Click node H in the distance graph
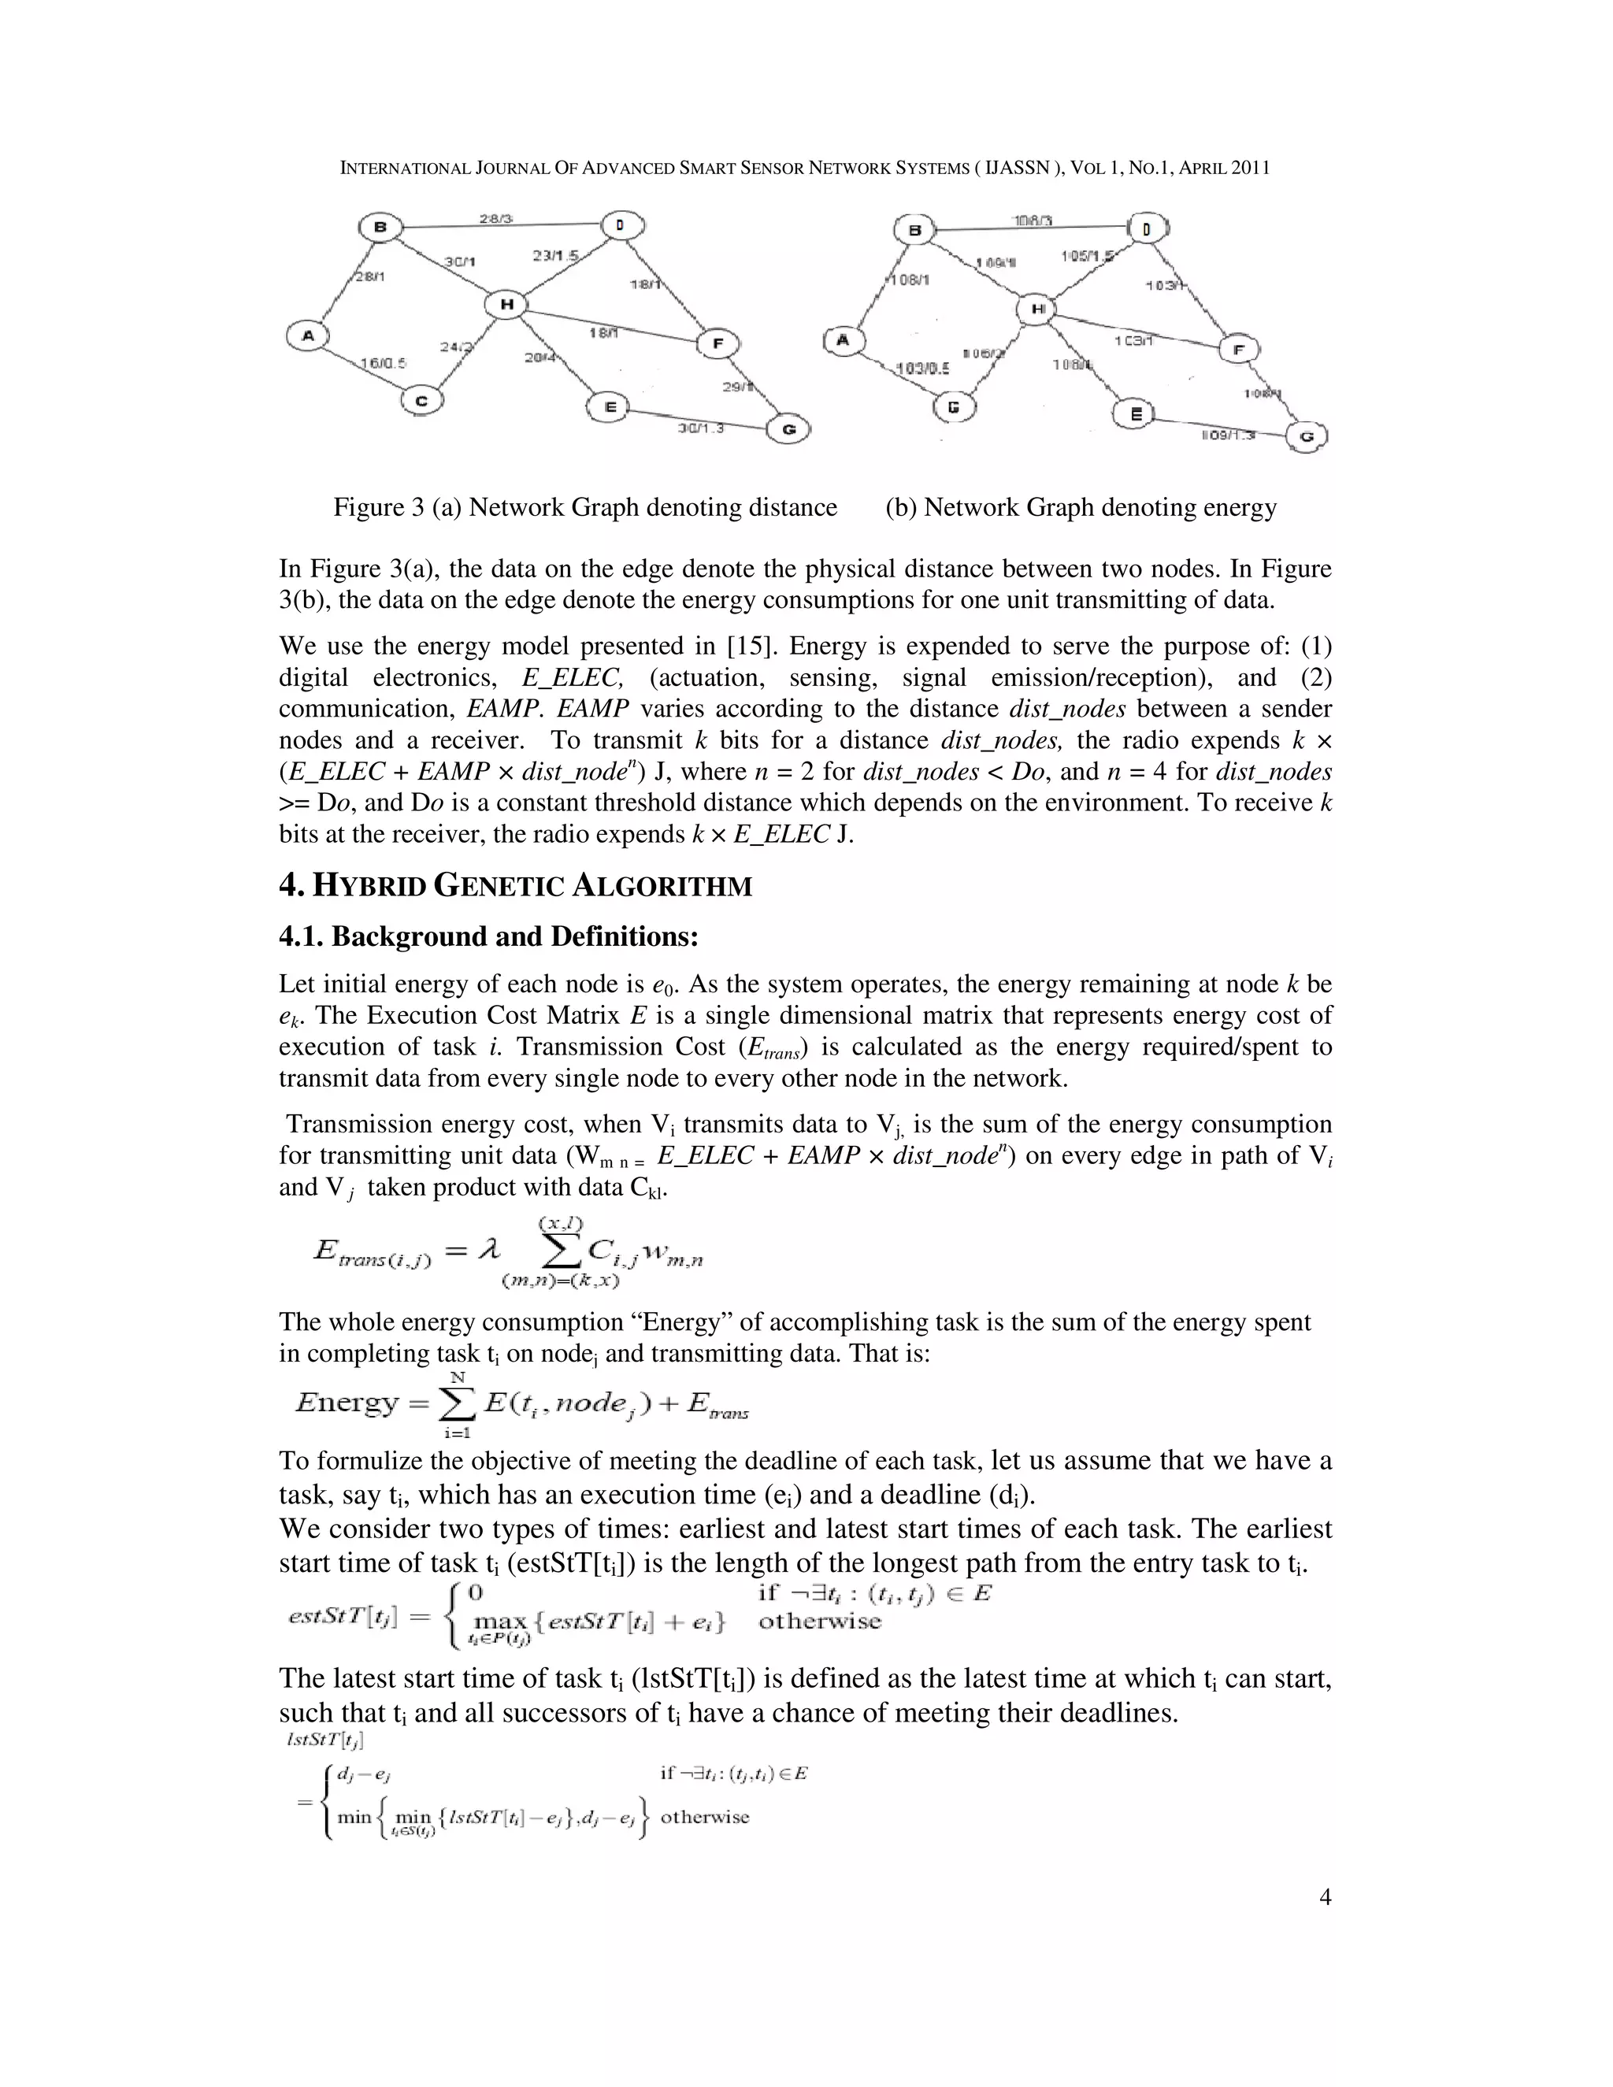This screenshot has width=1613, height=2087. (x=506, y=304)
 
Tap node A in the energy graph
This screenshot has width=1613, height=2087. (x=842, y=340)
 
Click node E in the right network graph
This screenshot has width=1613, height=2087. (x=1135, y=413)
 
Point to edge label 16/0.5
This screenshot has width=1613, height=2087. (x=384, y=363)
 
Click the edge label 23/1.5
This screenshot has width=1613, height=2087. (x=556, y=256)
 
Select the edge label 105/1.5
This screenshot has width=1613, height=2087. (x=1088, y=256)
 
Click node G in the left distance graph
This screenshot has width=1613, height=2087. (x=789, y=429)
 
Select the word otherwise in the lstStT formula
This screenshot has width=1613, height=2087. (x=704, y=1817)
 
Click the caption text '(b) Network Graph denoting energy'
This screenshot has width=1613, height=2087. (x=1081, y=507)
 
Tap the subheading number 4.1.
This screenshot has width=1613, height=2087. (x=301, y=936)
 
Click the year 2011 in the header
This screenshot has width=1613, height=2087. (x=1250, y=169)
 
